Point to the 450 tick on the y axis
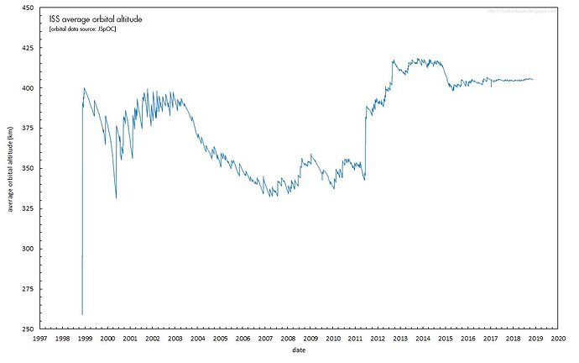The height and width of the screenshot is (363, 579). tap(27, 8)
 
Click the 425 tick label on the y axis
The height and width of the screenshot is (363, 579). tap(27, 48)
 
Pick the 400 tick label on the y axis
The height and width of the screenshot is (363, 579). tap(27, 88)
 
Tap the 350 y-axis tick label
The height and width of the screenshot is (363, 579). tap(27, 169)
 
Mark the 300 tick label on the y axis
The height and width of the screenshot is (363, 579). tap(27, 249)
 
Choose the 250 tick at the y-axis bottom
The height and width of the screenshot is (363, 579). tap(27, 329)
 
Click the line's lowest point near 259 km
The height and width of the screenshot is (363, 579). tap(82, 314)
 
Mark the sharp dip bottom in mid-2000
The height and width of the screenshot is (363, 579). tap(116, 198)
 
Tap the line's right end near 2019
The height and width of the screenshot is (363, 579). tap(533, 80)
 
